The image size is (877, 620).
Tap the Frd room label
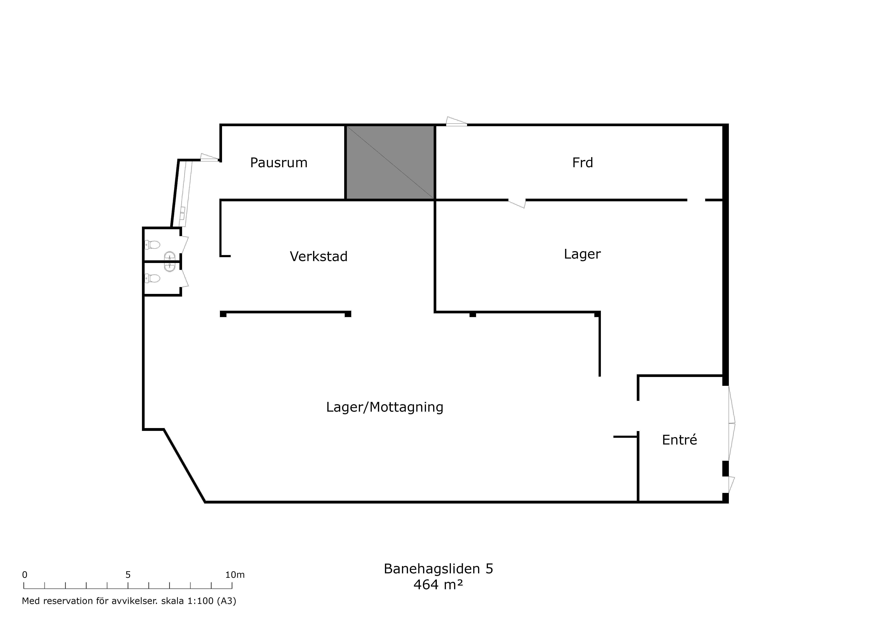pos(582,163)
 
